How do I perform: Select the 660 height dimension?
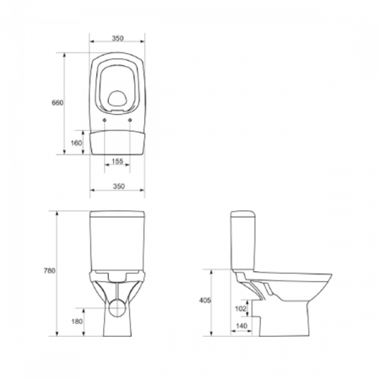pyautogui.click(x=57, y=102)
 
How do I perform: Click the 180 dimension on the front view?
pyautogui.click(x=78, y=321)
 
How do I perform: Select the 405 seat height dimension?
pyautogui.click(x=217, y=300)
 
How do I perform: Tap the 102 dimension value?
pyautogui.click(x=241, y=308)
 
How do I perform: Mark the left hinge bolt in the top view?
pyautogui.click(x=104, y=119)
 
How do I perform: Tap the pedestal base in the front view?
pyautogui.click(x=117, y=321)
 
